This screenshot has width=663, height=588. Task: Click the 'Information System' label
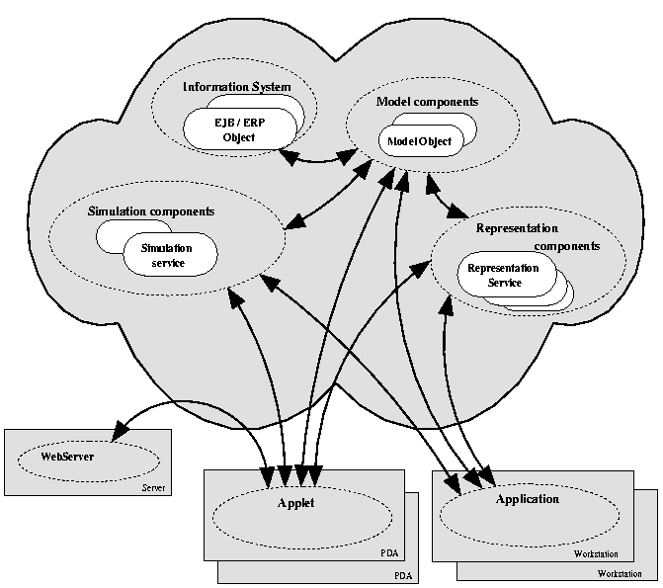point(236,87)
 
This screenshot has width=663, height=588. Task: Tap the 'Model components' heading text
point(428,102)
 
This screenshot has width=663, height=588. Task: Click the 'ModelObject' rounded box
point(419,141)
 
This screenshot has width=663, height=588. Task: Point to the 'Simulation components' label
point(151,210)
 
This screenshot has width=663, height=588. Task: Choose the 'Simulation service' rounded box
point(168,255)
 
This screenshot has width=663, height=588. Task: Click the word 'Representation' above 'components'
point(518,228)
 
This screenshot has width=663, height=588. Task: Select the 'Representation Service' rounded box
point(503,276)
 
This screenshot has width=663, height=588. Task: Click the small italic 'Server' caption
point(154,487)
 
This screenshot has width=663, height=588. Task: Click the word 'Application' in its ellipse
point(527,499)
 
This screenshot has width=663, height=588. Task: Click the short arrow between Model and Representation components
point(446,199)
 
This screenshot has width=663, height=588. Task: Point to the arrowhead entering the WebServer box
point(121,431)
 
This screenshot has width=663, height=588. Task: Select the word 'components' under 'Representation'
point(566,246)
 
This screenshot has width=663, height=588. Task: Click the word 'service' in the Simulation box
point(168,263)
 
